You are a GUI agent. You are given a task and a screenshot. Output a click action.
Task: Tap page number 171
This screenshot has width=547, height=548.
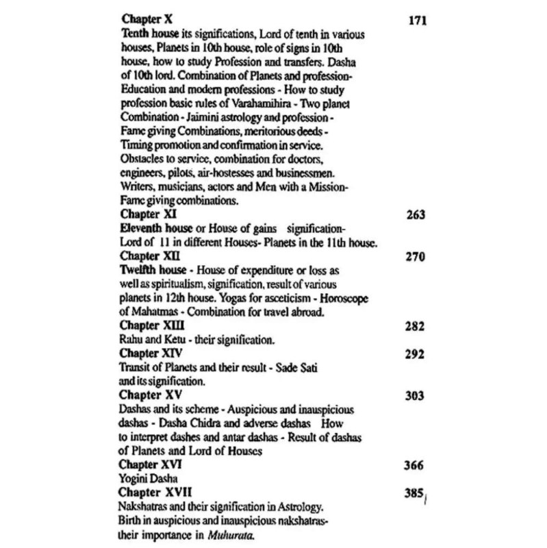(x=417, y=21)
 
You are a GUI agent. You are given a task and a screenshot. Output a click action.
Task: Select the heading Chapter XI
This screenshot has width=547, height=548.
(x=146, y=214)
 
